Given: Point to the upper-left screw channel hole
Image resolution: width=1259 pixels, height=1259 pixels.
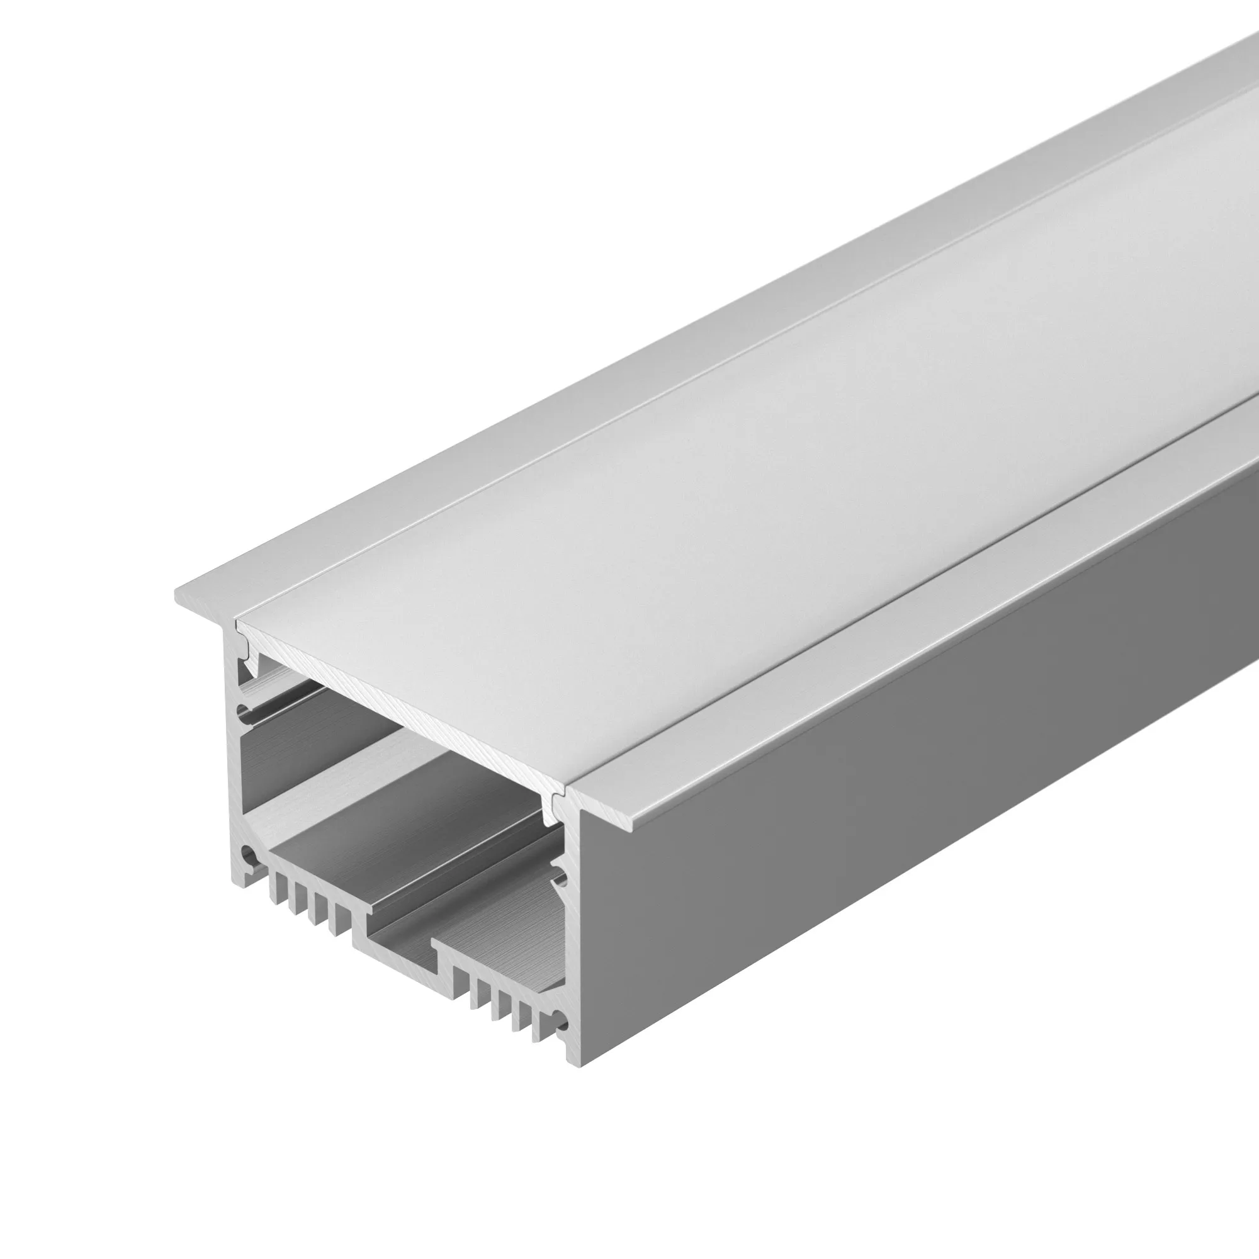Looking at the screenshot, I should pyautogui.click(x=246, y=709).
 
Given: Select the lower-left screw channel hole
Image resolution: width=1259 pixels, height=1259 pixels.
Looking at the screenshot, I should pyautogui.click(x=247, y=854).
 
